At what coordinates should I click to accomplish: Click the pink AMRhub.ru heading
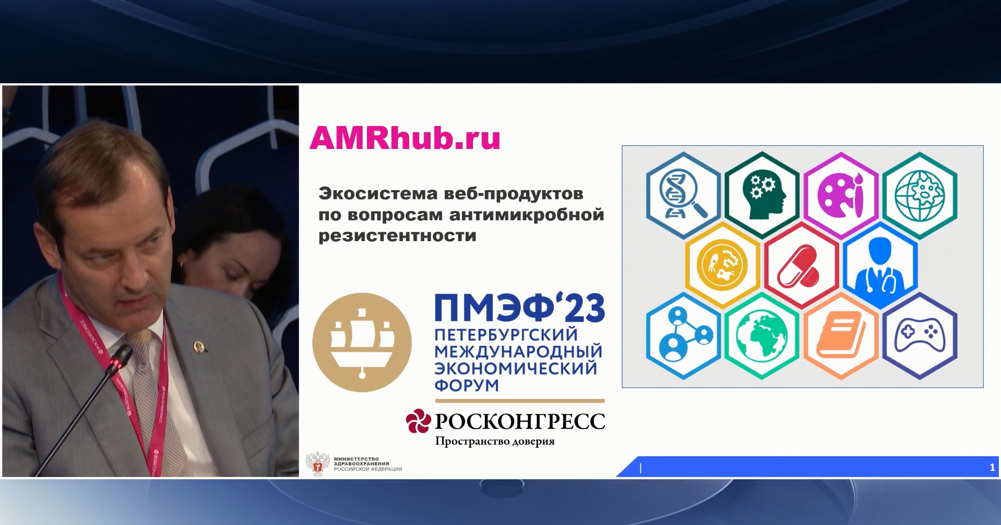point(405,138)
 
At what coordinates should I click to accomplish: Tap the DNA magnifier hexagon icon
point(683,195)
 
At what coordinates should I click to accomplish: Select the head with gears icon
point(762,195)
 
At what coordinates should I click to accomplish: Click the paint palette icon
point(840,195)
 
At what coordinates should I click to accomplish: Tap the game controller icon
point(920,336)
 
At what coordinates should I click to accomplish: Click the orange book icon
point(840,336)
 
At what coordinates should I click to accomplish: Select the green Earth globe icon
point(762,336)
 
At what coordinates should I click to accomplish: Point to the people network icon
point(683,336)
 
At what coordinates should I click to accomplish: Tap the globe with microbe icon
point(920,195)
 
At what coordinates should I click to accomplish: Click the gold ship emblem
point(362,342)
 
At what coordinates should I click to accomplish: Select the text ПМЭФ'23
point(520,308)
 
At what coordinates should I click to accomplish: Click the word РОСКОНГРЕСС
point(520,421)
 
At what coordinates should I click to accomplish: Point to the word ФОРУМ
point(467,385)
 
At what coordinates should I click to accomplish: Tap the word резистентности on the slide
point(397,235)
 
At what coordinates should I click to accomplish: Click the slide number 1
point(992,468)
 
